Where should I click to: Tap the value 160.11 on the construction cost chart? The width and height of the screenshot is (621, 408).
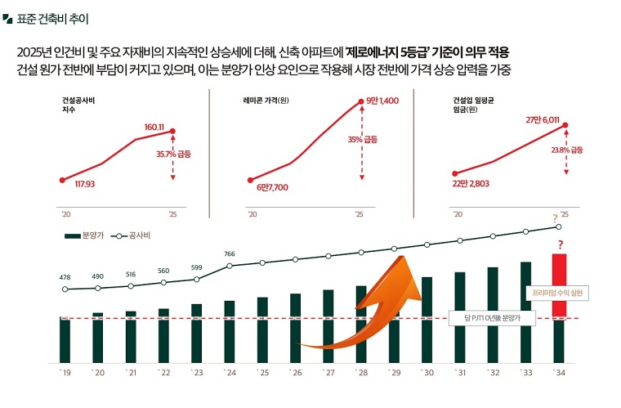[x=154, y=127]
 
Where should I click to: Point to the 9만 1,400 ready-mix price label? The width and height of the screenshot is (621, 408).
[x=382, y=101]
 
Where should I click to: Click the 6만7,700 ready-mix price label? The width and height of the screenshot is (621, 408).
[x=272, y=187]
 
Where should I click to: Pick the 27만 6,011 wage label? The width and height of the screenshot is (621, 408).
[x=542, y=120]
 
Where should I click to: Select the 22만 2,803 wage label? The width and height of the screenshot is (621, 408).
[x=471, y=183]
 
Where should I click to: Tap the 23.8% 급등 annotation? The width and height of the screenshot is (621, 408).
[x=567, y=150]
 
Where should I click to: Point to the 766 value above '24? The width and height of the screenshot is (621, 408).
[x=230, y=254]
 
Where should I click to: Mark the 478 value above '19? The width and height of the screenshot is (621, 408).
[x=65, y=278]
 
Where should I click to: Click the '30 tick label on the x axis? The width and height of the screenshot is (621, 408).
[x=427, y=373]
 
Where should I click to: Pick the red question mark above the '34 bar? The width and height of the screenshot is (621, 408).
[x=561, y=245]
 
